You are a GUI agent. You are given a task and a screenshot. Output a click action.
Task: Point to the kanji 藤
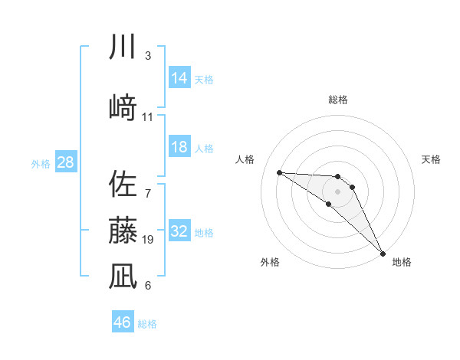coord(123,230)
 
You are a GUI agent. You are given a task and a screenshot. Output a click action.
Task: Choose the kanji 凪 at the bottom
coord(123,276)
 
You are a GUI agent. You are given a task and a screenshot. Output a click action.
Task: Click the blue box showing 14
coord(179,78)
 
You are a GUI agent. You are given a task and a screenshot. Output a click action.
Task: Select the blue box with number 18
coord(179,147)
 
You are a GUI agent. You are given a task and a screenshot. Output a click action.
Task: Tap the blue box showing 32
coord(179,231)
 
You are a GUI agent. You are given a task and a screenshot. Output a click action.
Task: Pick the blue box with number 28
coord(65,162)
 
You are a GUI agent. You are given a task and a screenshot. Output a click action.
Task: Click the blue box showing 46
coord(123,322)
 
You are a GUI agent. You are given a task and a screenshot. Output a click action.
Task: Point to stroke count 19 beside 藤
coord(149,240)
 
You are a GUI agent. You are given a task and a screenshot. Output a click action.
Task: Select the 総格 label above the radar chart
coord(338,100)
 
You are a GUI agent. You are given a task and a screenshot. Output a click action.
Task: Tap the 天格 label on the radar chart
coord(432,159)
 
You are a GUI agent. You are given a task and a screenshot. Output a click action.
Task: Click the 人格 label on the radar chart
coord(245,159)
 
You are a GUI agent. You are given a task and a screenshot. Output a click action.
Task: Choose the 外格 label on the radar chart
coord(270,262)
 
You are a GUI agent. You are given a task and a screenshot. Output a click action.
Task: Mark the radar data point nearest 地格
coord(383,252)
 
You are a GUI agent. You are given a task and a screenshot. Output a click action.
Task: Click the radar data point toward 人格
coord(279,172)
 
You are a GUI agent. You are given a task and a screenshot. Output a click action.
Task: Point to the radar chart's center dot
coord(338,191)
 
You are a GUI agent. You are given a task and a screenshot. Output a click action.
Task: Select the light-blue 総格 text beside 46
coord(147,324)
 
